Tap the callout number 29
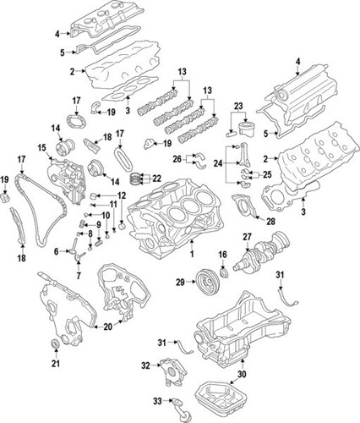pyautogui.click(x=180, y=281)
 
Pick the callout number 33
pyautogui.click(x=155, y=401)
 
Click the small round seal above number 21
pyautogui.click(x=56, y=343)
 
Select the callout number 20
pyautogui.click(x=107, y=327)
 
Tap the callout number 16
pyautogui.click(x=223, y=254)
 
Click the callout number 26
pyautogui.click(x=177, y=157)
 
